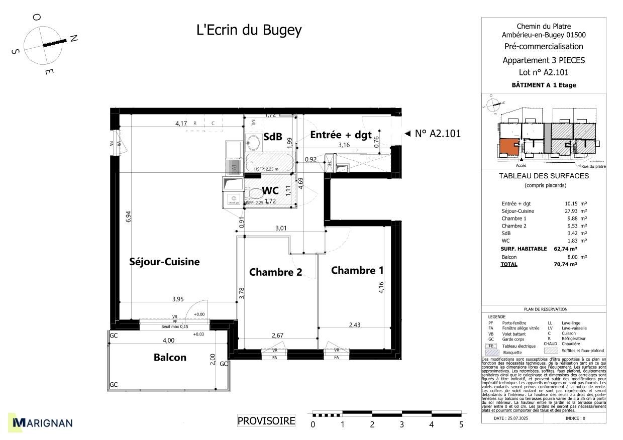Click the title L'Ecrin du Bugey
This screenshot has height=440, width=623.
coord(249,30)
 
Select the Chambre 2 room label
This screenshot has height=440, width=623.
coord(275,272)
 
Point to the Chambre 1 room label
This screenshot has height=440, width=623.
coord(357,270)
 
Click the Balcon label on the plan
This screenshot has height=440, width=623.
coord(170,358)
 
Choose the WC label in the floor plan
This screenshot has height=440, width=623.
coord(270,191)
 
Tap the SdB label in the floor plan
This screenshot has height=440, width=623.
coord(272,136)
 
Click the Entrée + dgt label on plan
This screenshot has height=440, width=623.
coord(341,135)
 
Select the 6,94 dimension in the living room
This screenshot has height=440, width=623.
coord(129,216)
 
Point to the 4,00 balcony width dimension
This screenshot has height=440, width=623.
coord(168,340)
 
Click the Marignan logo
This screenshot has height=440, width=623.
coord(43,423)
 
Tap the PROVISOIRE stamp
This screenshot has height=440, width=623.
coord(266,421)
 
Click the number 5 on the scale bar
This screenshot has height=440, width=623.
coord(461,425)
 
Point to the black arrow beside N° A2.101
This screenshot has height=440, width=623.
coord(407,134)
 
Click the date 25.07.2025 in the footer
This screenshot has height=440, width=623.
coord(512,418)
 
